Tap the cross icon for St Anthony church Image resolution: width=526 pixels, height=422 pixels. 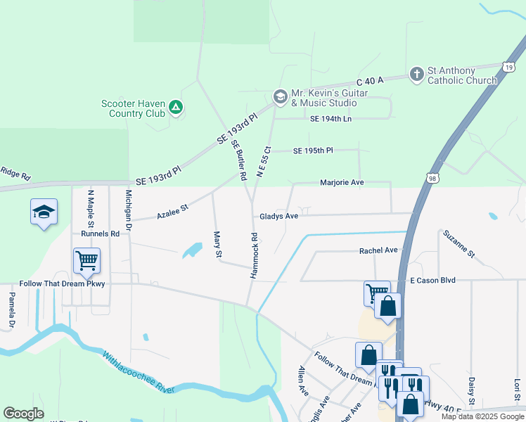point(417,74)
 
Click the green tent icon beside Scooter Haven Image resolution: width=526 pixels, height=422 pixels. point(176,108)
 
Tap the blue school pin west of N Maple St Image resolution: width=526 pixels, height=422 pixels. point(44,212)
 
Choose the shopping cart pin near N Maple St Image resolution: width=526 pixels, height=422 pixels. point(86,261)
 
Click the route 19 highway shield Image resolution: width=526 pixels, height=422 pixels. point(508,66)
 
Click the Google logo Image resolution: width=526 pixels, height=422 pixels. point(23,414)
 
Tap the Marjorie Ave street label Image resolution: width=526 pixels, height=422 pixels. point(342,182)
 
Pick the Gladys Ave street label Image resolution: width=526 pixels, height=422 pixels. point(279,217)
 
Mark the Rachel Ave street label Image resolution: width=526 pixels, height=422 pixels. point(378,250)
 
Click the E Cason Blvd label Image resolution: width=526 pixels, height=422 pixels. point(432,280)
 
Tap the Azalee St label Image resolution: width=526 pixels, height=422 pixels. point(173,209)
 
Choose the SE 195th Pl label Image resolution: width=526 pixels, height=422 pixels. point(313,151)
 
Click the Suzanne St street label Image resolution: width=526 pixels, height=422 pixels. point(458,243)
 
